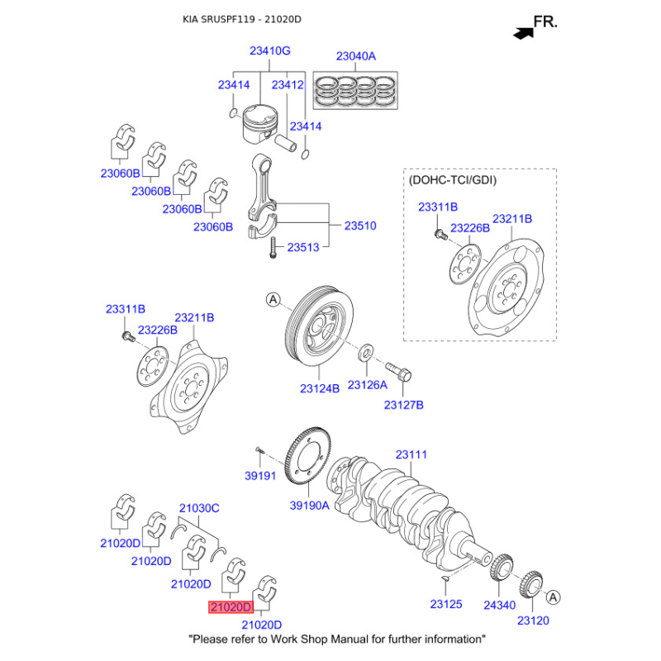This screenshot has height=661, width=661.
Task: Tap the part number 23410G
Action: point(270,51)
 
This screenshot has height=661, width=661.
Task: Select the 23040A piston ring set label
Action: point(355,57)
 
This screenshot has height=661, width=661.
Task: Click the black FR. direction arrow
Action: point(522,33)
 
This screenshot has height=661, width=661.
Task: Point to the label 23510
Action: point(360,225)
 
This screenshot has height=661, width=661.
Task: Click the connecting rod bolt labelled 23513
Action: point(271,246)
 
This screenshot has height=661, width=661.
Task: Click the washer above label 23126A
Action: point(365,356)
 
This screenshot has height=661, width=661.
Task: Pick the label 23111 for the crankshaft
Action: point(411,454)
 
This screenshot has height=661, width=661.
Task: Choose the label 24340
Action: point(499,606)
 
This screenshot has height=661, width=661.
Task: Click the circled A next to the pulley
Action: point(273,300)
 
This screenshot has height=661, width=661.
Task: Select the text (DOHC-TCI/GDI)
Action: point(453,179)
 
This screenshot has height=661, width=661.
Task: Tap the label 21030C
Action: point(199,508)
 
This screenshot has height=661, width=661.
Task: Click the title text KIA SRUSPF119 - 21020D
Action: point(242,18)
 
